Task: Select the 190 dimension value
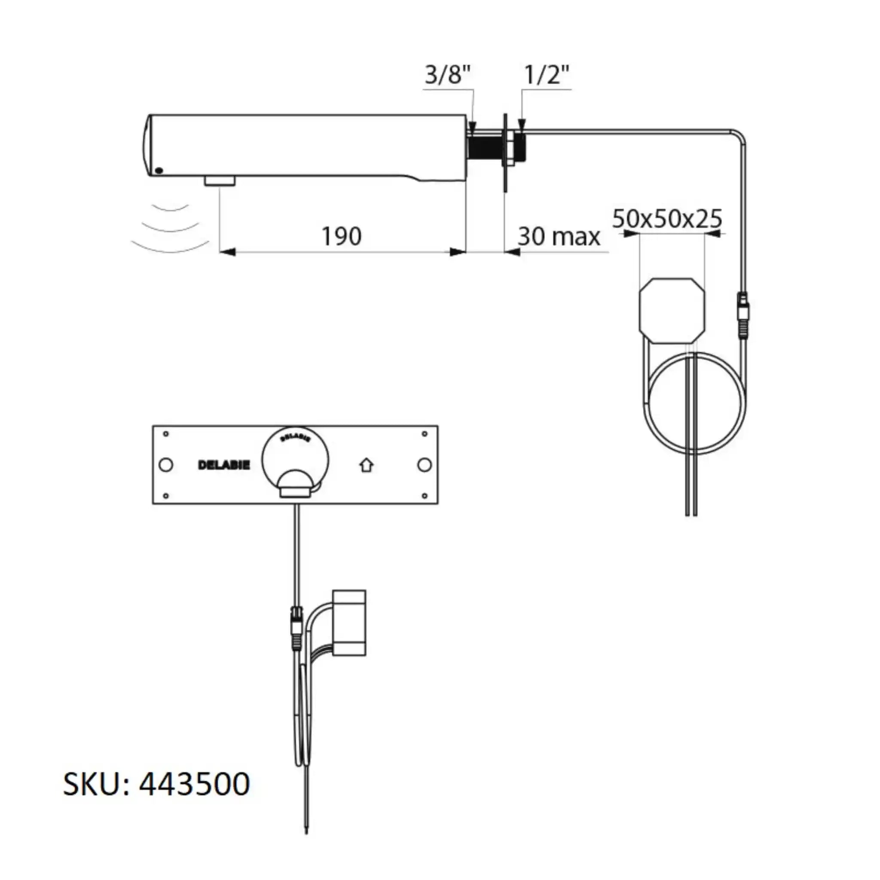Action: coord(341,236)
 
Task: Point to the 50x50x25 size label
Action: coord(667,219)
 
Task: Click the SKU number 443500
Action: coord(195,784)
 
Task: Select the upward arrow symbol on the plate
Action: coord(367,465)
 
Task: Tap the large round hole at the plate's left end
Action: coord(166,465)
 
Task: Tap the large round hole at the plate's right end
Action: coord(424,465)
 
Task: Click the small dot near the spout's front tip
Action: coord(159,171)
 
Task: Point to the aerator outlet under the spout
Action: coord(220,181)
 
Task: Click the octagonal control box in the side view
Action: coord(672,311)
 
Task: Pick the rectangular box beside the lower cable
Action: coord(349,623)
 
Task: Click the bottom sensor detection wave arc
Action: coord(170,248)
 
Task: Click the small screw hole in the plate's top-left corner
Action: coord(166,434)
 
